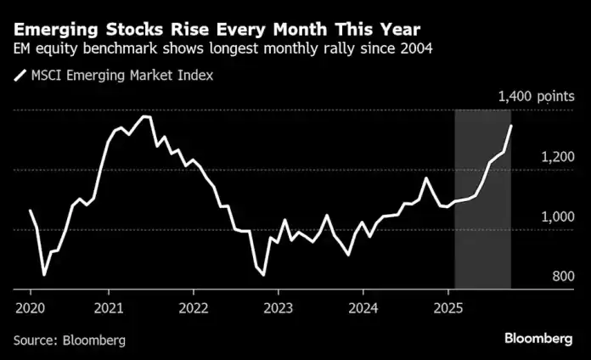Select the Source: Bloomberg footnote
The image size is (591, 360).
pyautogui.click(x=70, y=340)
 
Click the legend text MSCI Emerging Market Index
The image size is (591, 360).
pyautogui.click(x=122, y=75)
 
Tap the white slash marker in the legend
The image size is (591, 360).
pyautogui.click(x=20, y=75)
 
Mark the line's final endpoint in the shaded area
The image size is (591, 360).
pyautogui.click(x=510, y=127)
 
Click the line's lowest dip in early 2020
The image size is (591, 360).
pyautogui.click(x=43, y=275)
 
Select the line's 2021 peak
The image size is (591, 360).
pyautogui.click(x=144, y=116)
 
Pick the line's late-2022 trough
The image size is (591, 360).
pyautogui.click(x=263, y=274)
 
